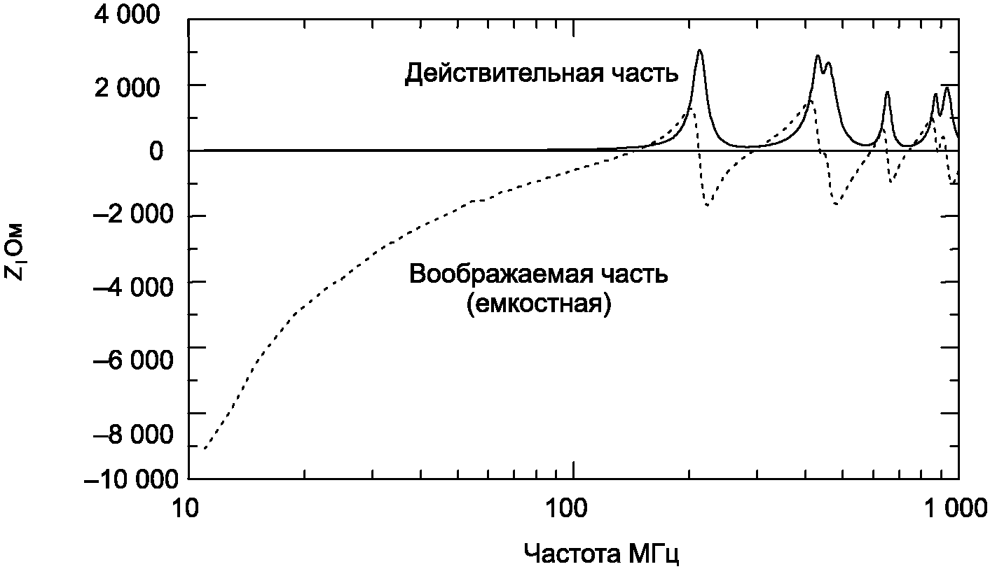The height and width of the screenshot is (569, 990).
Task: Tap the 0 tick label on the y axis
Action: coord(157,150)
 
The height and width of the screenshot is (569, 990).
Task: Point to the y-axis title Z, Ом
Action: coord(17,252)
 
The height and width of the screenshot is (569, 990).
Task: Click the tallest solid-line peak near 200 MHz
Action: coord(699,51)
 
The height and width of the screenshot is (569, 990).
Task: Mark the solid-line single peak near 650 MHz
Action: coord(887,92)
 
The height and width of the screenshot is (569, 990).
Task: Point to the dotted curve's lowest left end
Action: coord(203,449)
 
